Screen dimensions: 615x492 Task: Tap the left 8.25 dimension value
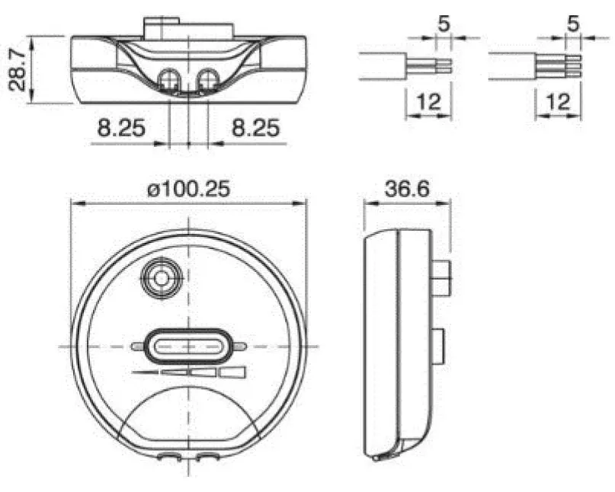121,128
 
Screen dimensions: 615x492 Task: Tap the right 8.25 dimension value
256,128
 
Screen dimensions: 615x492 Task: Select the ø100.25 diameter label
189,190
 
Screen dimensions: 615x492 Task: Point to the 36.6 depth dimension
407,189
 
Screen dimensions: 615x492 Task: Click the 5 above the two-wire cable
444,24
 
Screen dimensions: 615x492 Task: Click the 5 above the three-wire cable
573,24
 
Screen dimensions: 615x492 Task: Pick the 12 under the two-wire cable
429,101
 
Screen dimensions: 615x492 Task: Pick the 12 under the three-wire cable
558,101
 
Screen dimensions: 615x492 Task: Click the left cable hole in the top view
169,80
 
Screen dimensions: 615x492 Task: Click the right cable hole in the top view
208,80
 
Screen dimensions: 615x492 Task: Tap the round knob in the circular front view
162,278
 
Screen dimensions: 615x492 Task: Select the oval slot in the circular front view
188,347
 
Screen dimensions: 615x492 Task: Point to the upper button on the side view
441,278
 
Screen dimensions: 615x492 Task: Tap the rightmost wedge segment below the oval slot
232,372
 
